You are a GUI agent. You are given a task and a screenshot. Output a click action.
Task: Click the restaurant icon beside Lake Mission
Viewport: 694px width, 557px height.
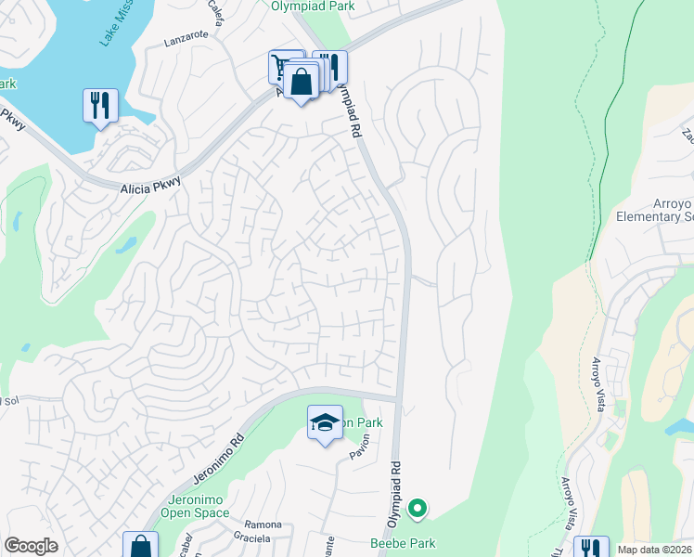[x=100, y=104]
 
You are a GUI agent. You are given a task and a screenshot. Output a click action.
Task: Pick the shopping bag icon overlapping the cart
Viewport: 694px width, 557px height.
[x=302, y=81]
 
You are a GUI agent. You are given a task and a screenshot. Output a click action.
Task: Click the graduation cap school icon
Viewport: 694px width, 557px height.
[x=324, y=422]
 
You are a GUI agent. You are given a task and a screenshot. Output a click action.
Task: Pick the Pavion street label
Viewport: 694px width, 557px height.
[x=359, y=447]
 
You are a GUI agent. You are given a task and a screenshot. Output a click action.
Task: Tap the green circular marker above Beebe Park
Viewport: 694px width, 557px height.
[x=418, y=508]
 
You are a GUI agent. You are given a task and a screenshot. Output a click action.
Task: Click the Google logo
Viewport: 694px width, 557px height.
[x=32, y=546]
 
